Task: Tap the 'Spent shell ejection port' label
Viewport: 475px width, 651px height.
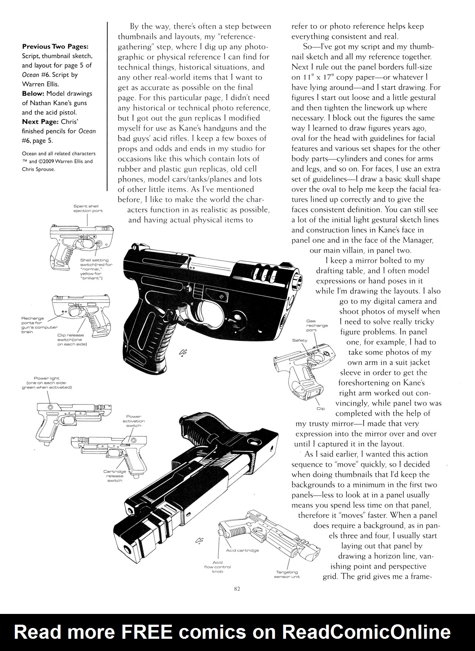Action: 88,208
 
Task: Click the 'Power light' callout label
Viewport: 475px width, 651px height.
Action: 46,383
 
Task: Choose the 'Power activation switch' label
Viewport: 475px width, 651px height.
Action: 134,421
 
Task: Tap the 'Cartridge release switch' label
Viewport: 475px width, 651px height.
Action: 115,476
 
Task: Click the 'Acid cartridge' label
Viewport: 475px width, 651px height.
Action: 242,550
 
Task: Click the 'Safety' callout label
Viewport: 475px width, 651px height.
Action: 299,340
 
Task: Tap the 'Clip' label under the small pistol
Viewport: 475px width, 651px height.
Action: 321,409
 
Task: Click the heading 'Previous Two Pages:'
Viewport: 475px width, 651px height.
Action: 55,47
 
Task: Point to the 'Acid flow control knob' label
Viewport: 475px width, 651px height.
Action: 217,567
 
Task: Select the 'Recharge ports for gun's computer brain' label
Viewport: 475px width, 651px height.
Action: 39,325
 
